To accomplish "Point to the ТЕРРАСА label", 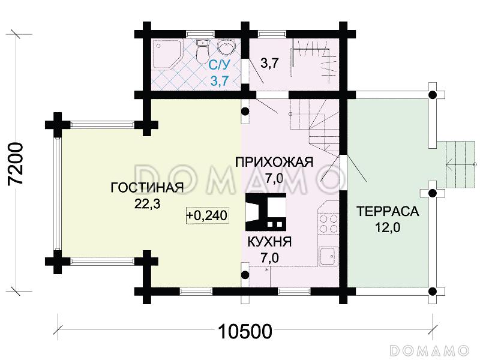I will coord(387,212).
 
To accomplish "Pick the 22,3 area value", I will coord(146,204).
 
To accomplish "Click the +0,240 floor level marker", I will coord(208,215).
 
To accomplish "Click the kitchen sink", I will coord(328,257).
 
